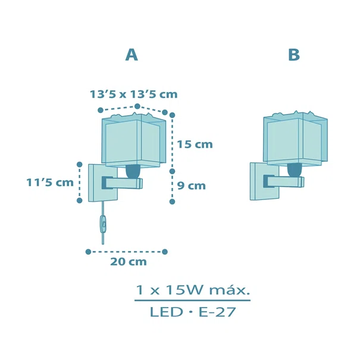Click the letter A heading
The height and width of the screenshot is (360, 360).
point(132,55)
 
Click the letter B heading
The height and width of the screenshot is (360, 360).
point(294,55)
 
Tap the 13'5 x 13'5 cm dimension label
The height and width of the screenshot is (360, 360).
point(133,95)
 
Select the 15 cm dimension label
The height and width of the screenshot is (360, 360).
point(195,145)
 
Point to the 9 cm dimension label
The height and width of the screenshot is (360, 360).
point(192,186)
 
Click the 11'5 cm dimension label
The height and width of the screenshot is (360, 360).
point(50,183)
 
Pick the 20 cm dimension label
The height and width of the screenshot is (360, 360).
point(129,261)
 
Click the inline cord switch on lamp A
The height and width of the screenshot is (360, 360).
point(102,223)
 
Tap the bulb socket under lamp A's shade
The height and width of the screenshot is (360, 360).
point(133,171)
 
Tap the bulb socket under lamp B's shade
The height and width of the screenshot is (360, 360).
point(295,170)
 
